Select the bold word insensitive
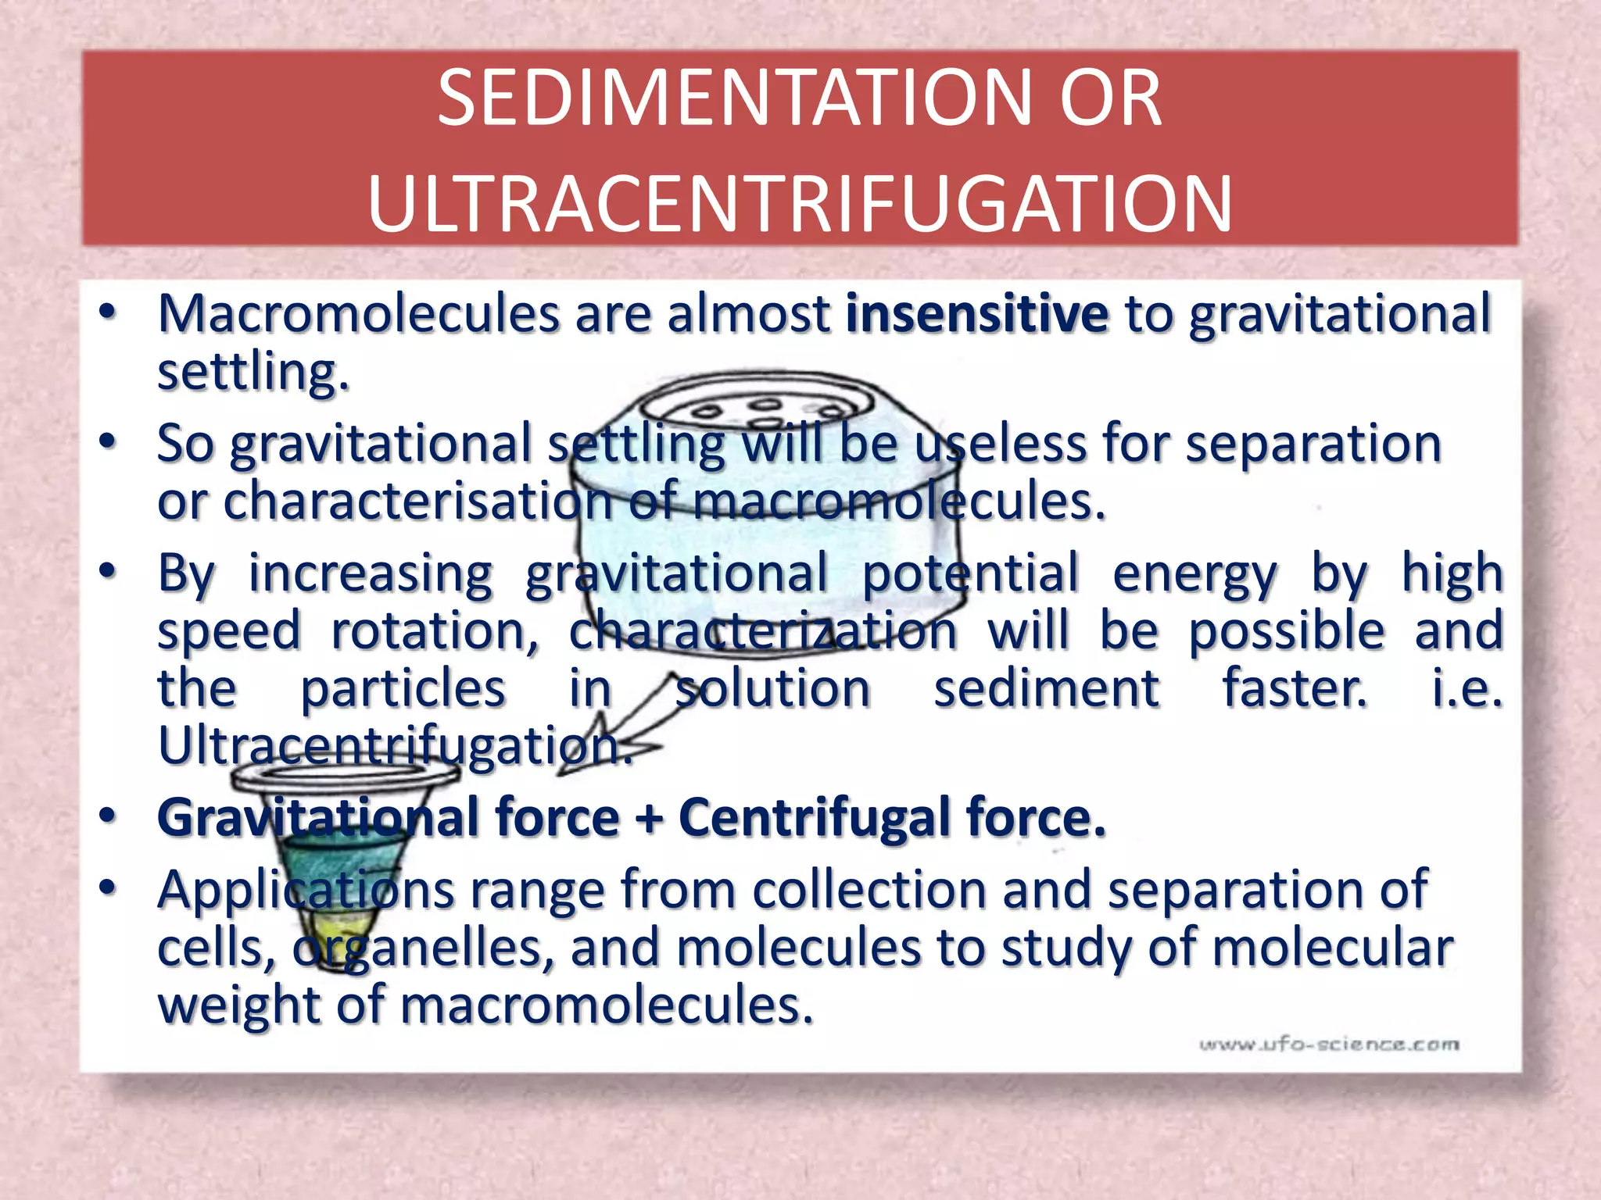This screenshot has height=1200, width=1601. [x=977, y=314]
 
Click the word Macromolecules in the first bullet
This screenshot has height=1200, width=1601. [x=359, y=314]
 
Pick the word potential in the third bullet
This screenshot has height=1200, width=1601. [x=970, y=573]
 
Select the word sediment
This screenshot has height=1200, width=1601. [x=1047, y=688]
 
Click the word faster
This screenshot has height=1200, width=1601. [x=1295, y=688]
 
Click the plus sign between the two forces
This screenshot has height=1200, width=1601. [x=648, y=819]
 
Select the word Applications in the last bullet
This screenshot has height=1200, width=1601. [x=306, y=889]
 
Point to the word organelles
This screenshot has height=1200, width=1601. [x=422, y=948]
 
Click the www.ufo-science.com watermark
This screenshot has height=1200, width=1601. [x=1329, y=1045]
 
